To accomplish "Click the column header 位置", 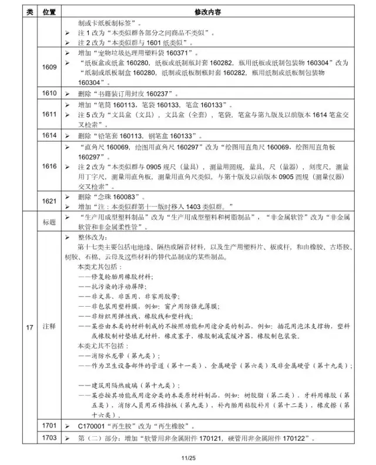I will [x=49, y=12].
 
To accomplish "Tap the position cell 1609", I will [x=49, y=67].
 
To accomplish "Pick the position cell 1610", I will [x=49, y=93].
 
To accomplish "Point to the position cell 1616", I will [x=49, y=167].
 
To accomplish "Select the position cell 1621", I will [x=49, y=201].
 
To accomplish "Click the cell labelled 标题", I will [x=49, y=222].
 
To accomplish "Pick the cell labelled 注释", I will [x=49, y=324].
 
